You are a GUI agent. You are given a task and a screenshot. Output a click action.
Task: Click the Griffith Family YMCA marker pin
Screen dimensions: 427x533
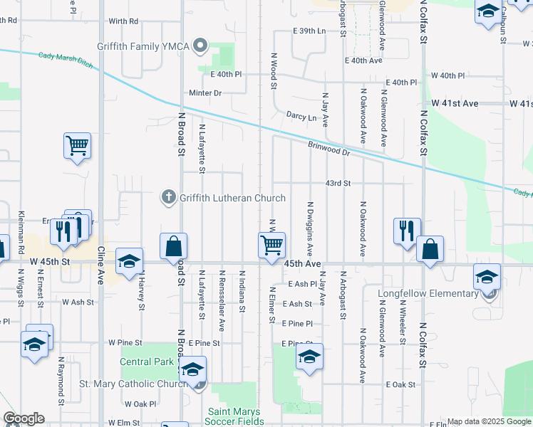coord(201,47)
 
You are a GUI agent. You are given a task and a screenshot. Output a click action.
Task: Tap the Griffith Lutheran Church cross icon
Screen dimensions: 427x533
coord(168,197)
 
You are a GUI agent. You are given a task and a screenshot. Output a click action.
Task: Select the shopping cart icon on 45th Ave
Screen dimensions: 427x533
coord(272,245)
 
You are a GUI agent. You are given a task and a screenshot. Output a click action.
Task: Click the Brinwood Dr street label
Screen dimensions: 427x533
coord(329,148)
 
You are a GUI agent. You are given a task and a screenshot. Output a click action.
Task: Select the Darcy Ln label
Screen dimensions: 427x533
coord(301,116)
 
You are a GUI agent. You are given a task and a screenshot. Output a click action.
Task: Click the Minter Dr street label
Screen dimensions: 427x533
coord(205,93)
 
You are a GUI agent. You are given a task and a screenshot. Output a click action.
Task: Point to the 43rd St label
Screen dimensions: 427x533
coord(338,183)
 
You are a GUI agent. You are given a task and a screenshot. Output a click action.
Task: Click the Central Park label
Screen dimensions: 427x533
coord(147,362)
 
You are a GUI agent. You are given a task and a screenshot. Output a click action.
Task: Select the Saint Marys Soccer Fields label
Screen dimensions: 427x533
coord(234,416)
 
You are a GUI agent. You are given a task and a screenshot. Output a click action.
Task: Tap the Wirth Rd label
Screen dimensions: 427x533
coord(124,21)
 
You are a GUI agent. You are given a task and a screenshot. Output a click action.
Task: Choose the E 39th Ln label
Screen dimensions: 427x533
coord(309,31)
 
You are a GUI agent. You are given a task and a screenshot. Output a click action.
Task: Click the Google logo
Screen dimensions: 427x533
coord(24,418)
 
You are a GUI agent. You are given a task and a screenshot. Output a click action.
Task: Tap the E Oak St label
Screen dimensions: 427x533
coord(400,384)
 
